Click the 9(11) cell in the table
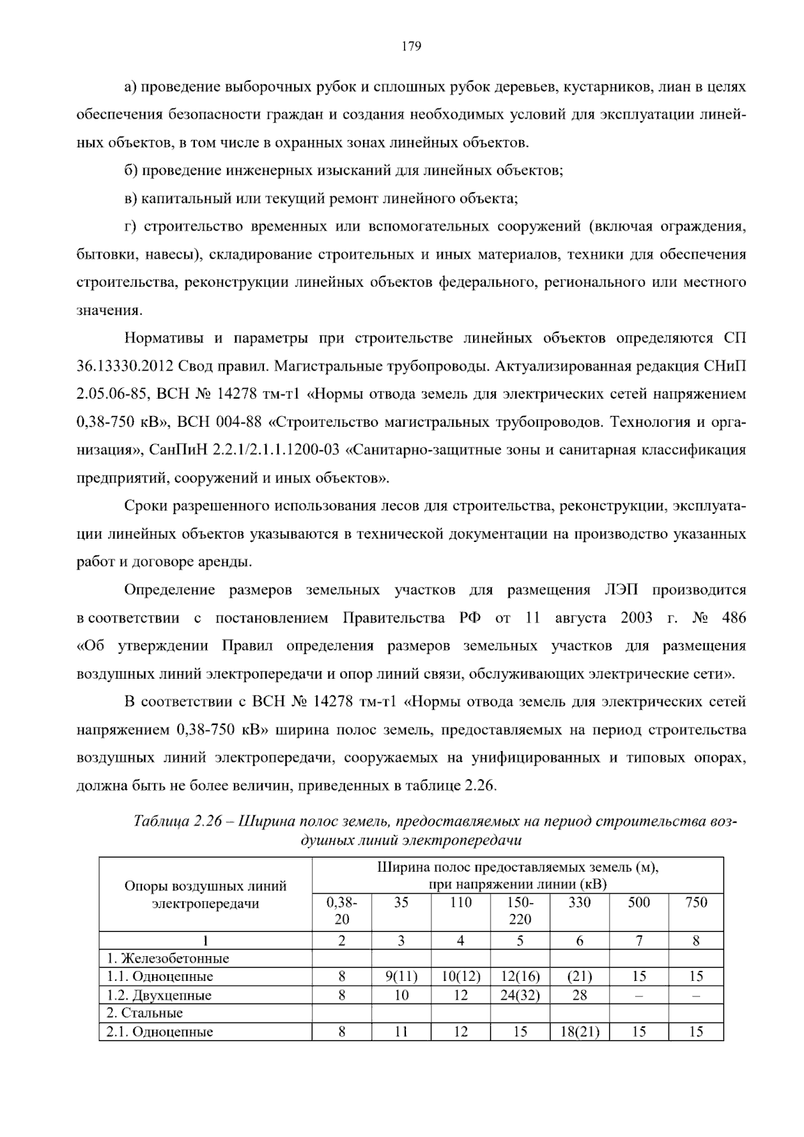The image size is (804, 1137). tap(401, 976)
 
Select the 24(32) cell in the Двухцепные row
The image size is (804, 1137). tap(519, 995)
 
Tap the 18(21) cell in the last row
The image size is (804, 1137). tap(579, 1032)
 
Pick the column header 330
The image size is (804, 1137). tap(579, 902)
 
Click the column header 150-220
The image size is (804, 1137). tap(519, 911)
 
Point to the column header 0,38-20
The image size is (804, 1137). tap(342, 911)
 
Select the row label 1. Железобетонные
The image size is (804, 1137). tap(167, 958)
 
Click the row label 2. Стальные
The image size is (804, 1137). tap(145, 1013)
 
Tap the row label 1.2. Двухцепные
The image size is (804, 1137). tap(159, 995)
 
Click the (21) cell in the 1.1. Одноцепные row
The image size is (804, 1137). tap(579, 976)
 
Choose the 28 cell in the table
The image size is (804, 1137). tap(579, 995)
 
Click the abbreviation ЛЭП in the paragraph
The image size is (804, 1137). tap(623, 590)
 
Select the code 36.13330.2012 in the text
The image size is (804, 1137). tap(125, 366)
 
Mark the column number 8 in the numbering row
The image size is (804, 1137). tap(695, 940)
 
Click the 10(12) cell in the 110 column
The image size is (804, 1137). tap(460, 976)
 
